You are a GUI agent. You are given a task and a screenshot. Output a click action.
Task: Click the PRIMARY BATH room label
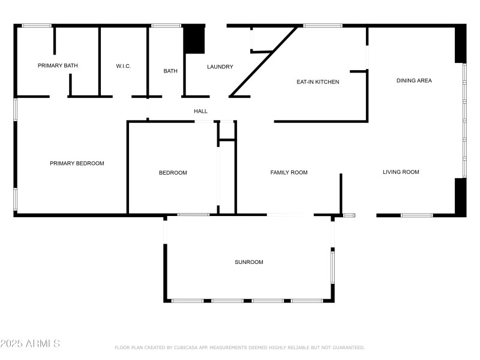tap(58, 65)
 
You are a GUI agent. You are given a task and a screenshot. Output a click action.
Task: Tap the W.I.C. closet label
tap(124, 66)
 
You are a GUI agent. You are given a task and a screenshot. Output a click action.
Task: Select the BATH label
tap(170, 71)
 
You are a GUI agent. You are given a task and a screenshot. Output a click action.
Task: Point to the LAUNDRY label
tap(220, 67)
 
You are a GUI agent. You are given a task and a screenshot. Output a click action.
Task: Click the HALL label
tap(200, 111)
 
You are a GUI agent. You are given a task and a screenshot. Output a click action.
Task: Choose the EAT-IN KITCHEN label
tap(318, 82)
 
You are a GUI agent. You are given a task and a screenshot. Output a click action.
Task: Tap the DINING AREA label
tap(414, 80)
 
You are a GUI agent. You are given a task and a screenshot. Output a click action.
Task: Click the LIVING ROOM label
tap(401, 172)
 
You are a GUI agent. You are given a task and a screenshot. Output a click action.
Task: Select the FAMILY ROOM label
tap(289, 172)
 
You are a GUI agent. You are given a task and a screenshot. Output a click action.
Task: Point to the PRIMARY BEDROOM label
tap(77, 163)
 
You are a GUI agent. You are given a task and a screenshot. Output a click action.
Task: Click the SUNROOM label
tap(248, 262)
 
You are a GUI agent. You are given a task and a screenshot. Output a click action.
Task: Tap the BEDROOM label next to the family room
tap(173, 173)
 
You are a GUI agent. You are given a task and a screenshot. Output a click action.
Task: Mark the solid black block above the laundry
tap(194, 40)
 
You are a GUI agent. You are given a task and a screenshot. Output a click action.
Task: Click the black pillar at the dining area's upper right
tap(460, 44)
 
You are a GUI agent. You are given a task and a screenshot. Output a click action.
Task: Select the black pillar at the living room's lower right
tap(460, 196)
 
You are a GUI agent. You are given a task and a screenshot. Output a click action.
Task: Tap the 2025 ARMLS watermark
tap(30, 344)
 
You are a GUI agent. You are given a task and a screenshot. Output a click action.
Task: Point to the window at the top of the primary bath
tap(37, 25)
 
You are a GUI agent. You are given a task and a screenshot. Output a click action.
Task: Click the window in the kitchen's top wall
tap(323, 25)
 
